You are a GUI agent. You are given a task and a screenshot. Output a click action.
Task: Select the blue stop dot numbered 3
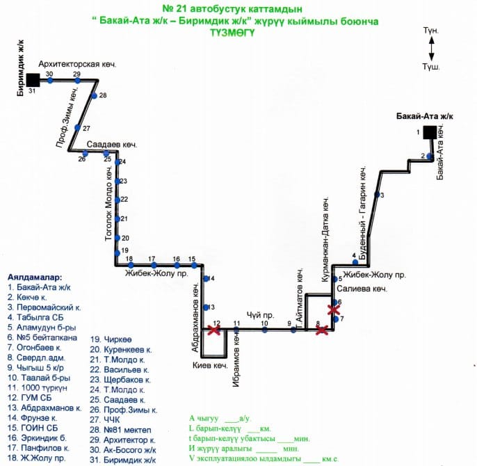pos(376,195)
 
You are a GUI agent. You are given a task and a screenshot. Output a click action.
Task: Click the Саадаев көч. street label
pos(113,144)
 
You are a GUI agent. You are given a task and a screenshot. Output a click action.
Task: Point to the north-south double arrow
pos(431,49)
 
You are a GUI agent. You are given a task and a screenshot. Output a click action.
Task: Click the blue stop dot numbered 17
pos(153,265)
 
